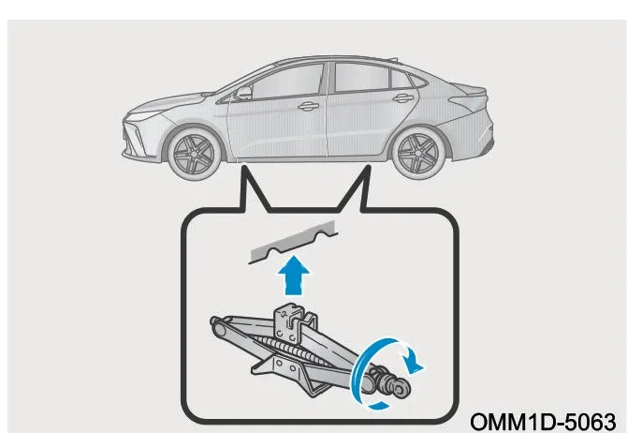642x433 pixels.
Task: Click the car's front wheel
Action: click(194, 154)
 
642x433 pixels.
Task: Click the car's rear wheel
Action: click(418, 153)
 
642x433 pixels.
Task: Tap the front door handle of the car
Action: click(308, 107)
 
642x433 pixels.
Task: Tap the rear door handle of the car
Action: click(402, 98)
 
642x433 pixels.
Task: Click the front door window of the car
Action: click(286, 82)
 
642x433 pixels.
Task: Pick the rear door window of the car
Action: click(361, 77)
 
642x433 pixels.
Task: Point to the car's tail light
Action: click(471, 98)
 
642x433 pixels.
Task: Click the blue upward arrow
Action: click(294, 276)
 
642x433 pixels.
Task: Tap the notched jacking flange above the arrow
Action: click(293, 243)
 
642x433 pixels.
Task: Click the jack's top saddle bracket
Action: click(293, 321)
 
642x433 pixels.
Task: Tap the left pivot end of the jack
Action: click(218, 326)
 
